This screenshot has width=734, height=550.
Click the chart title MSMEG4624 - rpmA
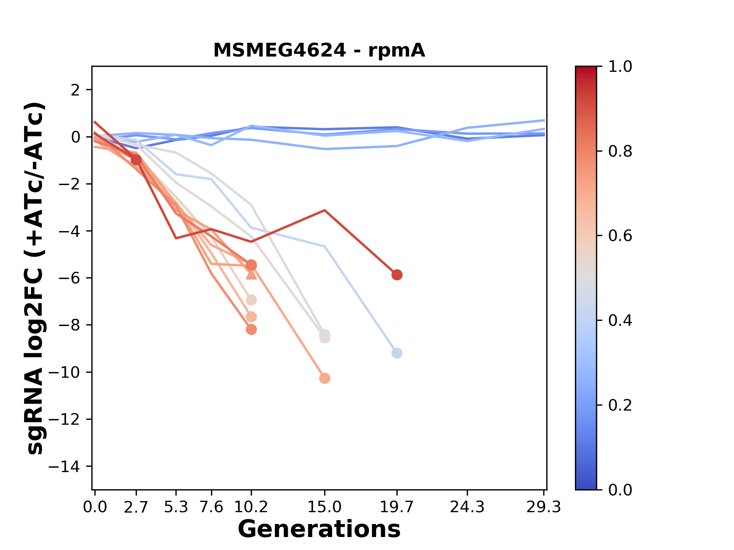[319, 50]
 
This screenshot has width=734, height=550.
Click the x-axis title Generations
[319, 529]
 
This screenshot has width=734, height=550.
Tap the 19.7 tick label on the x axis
[397, 507]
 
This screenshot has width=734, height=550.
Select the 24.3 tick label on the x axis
[467, 507]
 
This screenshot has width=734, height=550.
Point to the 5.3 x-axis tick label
[176, 507]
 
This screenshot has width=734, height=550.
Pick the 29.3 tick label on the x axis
[543, 507]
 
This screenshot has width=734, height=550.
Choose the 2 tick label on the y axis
[75, 90]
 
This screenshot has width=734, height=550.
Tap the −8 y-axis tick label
[69, 325]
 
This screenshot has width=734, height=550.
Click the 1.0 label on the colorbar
[620, 67]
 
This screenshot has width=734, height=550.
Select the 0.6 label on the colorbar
[620, 236]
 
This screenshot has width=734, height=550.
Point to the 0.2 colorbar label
[620, 405]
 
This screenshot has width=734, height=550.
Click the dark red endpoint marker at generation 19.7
[397, 275]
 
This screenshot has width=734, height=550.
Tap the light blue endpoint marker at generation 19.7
[397, 353]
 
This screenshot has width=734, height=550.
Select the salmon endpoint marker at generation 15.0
[325, 379]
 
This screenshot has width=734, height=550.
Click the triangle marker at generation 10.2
[251, 274]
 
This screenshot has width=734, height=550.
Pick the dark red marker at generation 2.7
[136, 160]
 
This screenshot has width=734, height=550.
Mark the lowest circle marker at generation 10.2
[251, 329]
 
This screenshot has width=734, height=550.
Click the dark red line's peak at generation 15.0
[325, 210]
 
